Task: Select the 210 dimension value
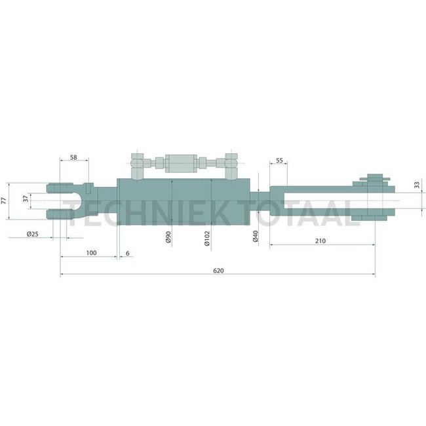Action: (x=320, y=241)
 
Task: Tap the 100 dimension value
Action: (x=91, y=252)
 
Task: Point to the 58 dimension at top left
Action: (x=73, y=158)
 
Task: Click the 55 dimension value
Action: (x=279, y=161)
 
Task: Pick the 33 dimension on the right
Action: (x=417, y=185)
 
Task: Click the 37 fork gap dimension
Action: (x=26, y=199)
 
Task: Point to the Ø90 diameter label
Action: (x=168, y=237)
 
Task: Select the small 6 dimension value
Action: (x=127, y=252)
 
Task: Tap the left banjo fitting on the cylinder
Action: (x=138, y=163)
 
